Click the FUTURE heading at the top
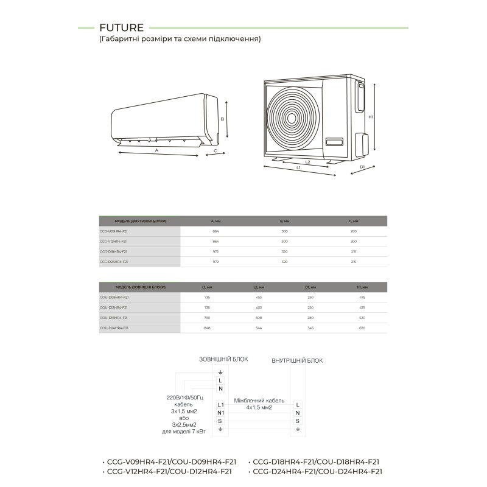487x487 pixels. click(121, 27)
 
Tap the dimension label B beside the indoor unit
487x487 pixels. click(223, 119)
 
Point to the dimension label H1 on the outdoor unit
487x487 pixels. click(371, 116)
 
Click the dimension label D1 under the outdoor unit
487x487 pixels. click(362, 166)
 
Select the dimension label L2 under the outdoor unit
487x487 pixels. click(307, 162)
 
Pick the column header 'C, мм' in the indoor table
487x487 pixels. click(354, 221)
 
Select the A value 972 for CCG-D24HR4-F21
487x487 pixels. click(216, 261)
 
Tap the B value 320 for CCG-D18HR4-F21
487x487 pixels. click(284, 251)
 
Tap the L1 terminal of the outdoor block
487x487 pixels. click(221, 404)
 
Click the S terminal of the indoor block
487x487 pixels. click(298, 421)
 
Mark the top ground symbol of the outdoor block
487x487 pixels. click(220, 373)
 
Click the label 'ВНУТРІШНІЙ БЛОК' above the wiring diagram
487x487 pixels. click(297, 360)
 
